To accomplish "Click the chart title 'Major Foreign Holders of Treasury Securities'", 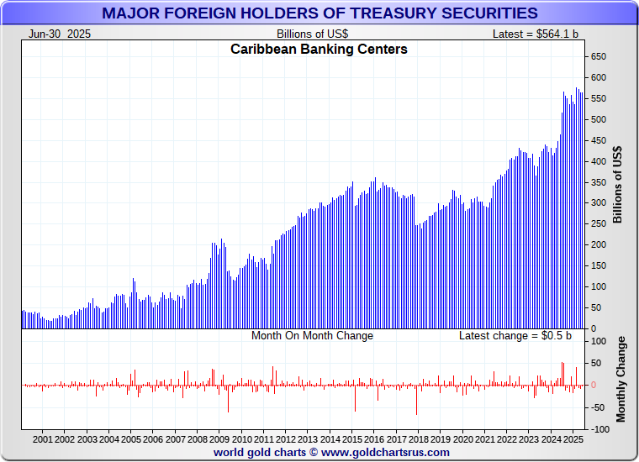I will [x=319, y=13].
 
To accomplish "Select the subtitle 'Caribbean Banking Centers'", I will [x=319, y=50].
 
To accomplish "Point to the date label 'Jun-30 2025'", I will [x=60, y=34].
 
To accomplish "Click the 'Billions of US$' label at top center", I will [x=312, y=34].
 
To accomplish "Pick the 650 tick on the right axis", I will [x=598, y=56].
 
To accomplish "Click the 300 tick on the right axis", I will [x=598, y=203].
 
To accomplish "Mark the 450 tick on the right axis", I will [x=598, y=140].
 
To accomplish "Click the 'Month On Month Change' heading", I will [x=312, y=336].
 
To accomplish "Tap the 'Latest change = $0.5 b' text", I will [x=515, y=336].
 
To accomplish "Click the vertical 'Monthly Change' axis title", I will [x=621, y=379].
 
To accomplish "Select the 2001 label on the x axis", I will [x=43, y=439].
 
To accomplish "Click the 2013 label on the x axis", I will [x=308, y=439].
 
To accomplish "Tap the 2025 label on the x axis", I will [x=573, y=439].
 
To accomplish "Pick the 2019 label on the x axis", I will [x=441, y=439].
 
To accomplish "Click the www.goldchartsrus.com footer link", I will [x=385, y=452].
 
